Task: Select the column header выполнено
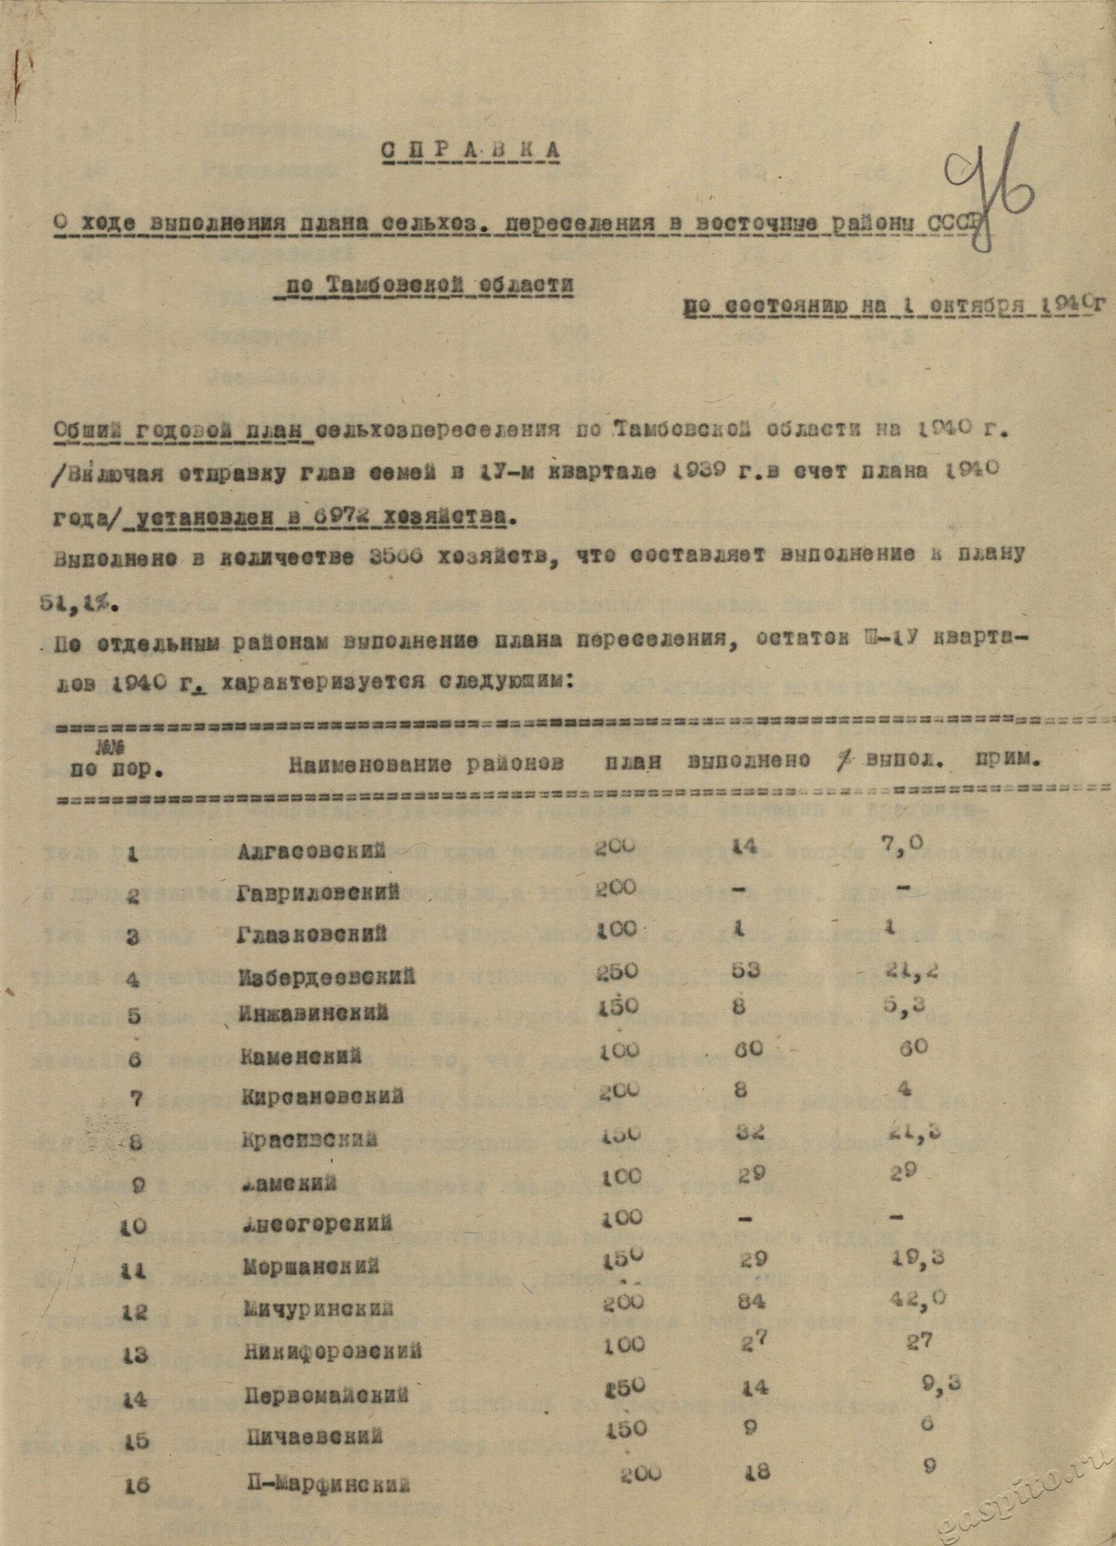749,762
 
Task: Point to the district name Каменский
301,1058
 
